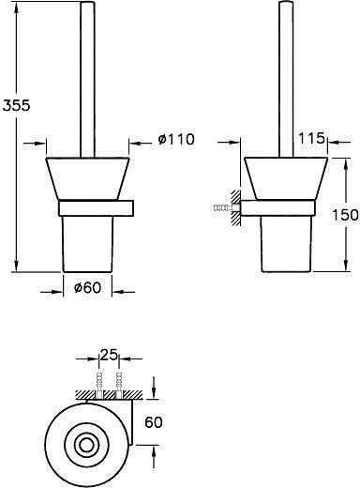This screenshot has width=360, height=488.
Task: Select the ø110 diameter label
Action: pos(175,141)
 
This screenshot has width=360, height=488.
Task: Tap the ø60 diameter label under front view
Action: pos(86,288)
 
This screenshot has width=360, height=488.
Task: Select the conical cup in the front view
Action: pos(86,178)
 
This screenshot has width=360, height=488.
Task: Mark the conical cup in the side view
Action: pos(286,178)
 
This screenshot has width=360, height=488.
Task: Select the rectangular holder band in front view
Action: pos(94,207)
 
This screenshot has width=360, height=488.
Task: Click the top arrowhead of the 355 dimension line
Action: pos(18,8)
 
